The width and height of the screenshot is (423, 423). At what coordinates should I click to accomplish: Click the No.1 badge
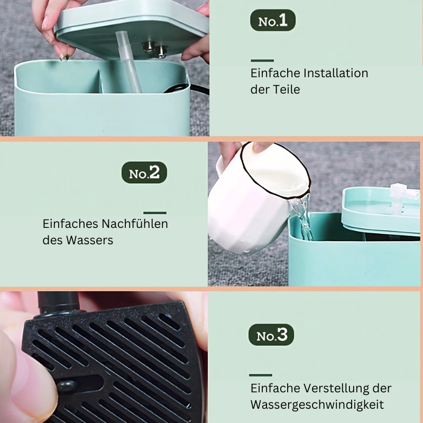(x=273, y=20)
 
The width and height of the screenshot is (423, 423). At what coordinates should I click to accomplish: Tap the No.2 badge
(x=144, y=173)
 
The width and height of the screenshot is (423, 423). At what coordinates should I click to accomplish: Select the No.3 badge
(x=271, y=335)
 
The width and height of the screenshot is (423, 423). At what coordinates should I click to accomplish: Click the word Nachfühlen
(x=134, y=224)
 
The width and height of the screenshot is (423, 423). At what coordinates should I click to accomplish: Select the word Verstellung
(x=336, y=389)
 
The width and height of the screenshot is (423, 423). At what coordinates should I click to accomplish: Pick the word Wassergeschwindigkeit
(x=317, y=405)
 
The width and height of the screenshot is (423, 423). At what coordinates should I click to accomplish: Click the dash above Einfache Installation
(x=262, y=61)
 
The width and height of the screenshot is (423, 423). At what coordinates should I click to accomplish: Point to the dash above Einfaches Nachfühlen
(x=155, y=213)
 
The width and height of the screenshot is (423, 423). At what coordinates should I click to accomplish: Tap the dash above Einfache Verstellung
(x=261, y=375)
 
